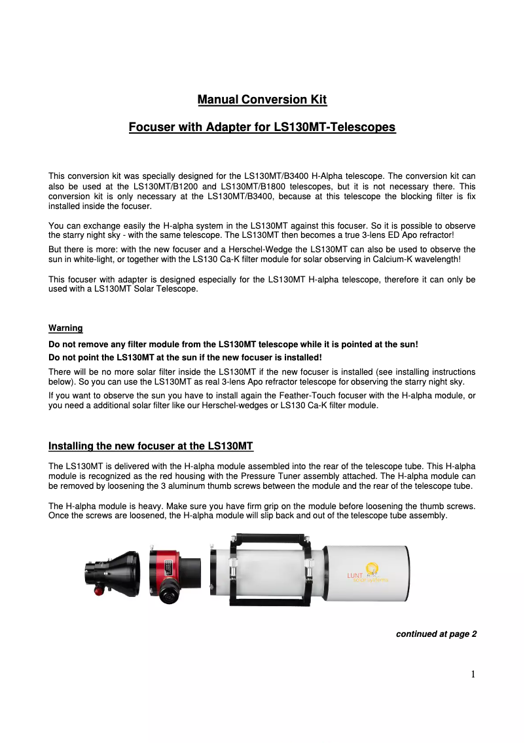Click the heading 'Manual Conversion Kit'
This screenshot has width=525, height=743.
[x=262, y=100]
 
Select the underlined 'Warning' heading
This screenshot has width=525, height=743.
[x=65, y=328]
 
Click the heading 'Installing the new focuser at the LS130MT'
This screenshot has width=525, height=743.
[x=151, y=446]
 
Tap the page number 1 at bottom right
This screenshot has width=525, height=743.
[x=473, y=675]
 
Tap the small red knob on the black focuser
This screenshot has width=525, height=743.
[x=99, y=590]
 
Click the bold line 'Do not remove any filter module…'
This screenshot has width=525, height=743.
[x=233, y=344]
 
